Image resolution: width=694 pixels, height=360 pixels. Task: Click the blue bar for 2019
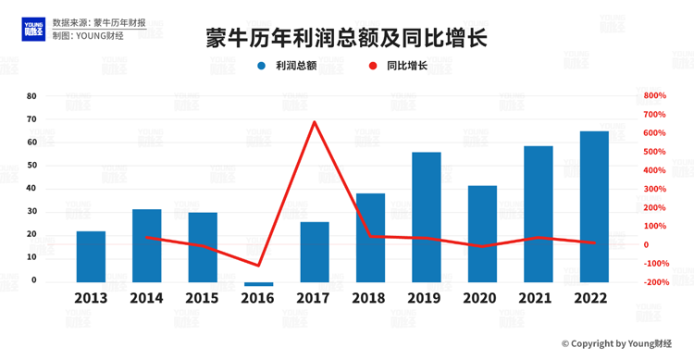tap(426, 217)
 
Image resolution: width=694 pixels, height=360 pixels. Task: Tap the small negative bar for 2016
tap(259, 284)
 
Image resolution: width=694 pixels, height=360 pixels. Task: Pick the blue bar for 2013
tap(91, 256)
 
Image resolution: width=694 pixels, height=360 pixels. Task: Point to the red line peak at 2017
tap(315, 122)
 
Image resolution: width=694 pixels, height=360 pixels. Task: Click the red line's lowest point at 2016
tap(259, 266)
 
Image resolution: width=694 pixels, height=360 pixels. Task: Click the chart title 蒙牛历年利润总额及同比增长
tap(347, 38)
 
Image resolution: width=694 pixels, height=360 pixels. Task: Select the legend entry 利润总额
tap(295, 67)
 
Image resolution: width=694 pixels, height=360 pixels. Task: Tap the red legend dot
tap(373, 67)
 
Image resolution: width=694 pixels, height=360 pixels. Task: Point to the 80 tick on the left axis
tap(31, 96)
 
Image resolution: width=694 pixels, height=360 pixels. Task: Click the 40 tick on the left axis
tap(31, 189)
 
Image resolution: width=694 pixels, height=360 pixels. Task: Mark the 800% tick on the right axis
tap(655, 96)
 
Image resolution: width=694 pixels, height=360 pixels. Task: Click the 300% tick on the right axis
tap(655, 189)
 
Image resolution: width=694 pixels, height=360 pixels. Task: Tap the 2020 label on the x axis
tap(482, 298)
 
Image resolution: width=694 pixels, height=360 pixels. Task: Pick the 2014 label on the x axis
tap(146, 298)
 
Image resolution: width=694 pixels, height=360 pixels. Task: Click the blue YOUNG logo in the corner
tap(34, 29)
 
